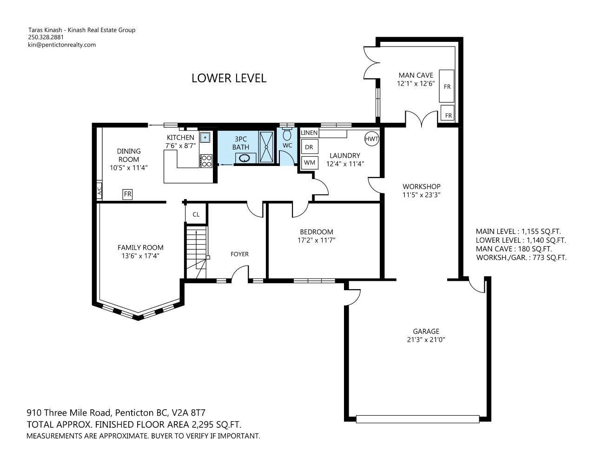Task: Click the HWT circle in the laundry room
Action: pos(371,139)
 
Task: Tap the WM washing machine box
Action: pos(310,163)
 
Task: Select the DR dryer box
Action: pos(310,147)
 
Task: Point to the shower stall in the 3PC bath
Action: pos(266,147)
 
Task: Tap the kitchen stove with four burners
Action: pos(206,161)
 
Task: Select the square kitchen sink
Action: pos(205,137)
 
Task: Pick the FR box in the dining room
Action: pos(127,194)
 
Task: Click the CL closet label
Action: pos(196,214)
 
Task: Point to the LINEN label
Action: pos(309,133)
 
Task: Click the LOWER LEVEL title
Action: pos(229,78)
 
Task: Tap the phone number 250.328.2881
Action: pos(46,37)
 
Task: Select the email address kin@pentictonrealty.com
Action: pos(62,45)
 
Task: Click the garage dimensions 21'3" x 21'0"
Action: pos(426,339)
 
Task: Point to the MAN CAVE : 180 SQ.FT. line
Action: pos(514,249)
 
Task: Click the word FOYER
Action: pos(239,254)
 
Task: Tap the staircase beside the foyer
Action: pos(197,252)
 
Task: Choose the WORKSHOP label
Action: pos(422,186)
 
